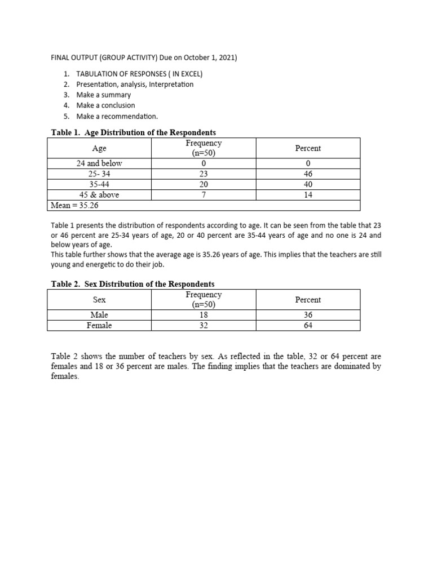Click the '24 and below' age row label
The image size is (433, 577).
tap(99, 163)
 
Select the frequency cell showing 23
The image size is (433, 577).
tap(204, 174)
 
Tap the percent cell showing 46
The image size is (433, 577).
tap(308, 174)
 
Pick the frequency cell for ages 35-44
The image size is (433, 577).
tap(204, 184)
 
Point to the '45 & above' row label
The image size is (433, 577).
tap(99, 195)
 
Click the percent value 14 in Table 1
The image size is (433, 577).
tap(308, 195)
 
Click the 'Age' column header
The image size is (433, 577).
tap(99, 148)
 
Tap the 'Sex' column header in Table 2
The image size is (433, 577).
tap(99, 300)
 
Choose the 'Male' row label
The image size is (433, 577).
tap(99, 315)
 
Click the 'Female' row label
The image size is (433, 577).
tap(99, 325)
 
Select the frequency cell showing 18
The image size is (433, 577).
tap(204, 315)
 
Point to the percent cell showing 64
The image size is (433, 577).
tap(308, 325)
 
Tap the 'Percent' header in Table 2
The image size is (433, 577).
tap(308, 300)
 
